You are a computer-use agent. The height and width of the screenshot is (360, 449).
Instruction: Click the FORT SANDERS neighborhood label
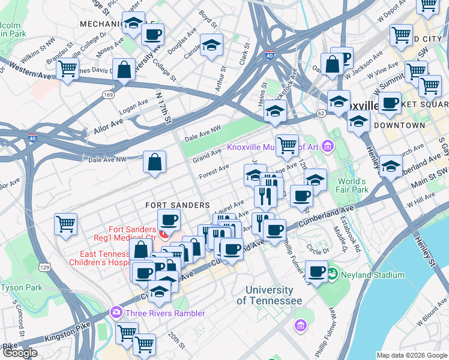(177, 205)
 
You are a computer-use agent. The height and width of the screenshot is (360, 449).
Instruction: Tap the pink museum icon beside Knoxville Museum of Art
(327, 146)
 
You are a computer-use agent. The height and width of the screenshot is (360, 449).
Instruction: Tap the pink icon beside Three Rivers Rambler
(115, 313)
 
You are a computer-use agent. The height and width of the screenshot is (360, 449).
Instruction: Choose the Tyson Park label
(21, 287)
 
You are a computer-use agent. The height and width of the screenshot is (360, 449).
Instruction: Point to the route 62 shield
(321, 113)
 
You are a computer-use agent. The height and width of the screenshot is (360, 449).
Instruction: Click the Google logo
(19, 353)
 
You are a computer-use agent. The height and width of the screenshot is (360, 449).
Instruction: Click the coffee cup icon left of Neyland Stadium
(316, 271)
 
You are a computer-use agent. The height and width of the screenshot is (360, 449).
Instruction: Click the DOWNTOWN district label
(399, 125)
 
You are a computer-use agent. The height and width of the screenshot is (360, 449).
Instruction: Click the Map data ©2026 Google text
(412, 355)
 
